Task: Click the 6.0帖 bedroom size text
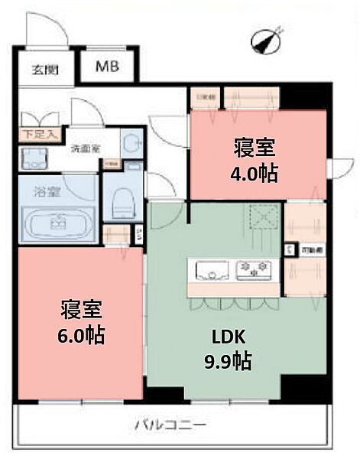click(x=83, y=334)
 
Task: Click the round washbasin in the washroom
click(x=132, y=144)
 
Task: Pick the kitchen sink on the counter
click(x=211, y=269)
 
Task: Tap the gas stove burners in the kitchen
click(x=255, y=269)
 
